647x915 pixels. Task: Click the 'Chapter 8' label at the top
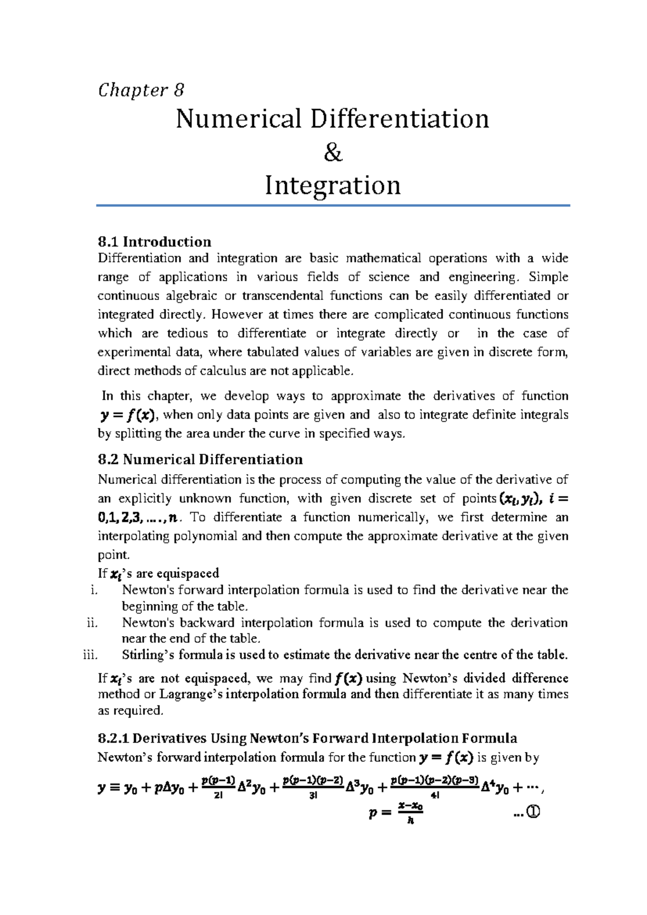click(141, 90)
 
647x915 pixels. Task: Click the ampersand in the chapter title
click(333, 154)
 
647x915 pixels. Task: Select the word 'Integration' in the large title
click(333, 186)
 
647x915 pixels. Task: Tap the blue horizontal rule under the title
click(333, 206)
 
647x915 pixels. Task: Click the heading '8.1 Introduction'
click(154, 241)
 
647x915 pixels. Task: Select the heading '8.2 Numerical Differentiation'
click(200, 459)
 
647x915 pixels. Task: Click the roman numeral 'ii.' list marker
click(92, 623)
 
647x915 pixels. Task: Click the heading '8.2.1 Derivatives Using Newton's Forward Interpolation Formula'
click(307, 738)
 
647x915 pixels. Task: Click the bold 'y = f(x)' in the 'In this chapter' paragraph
click(128, 415)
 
